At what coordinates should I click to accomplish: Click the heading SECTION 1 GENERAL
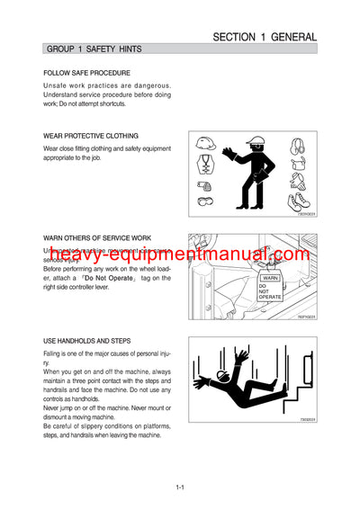point(264,37)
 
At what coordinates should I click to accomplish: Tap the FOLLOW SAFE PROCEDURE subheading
point(86,73)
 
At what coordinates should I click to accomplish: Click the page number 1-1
point(180,487)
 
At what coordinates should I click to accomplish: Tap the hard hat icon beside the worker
point(206,144)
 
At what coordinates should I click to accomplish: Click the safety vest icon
point(206,165)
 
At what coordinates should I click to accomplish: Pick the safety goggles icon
point(206,204)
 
